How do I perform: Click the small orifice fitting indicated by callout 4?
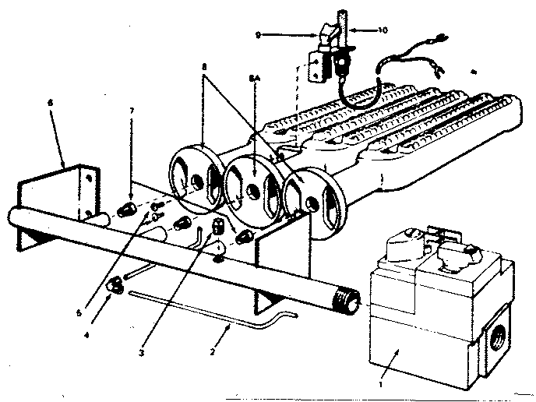[117, 283]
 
